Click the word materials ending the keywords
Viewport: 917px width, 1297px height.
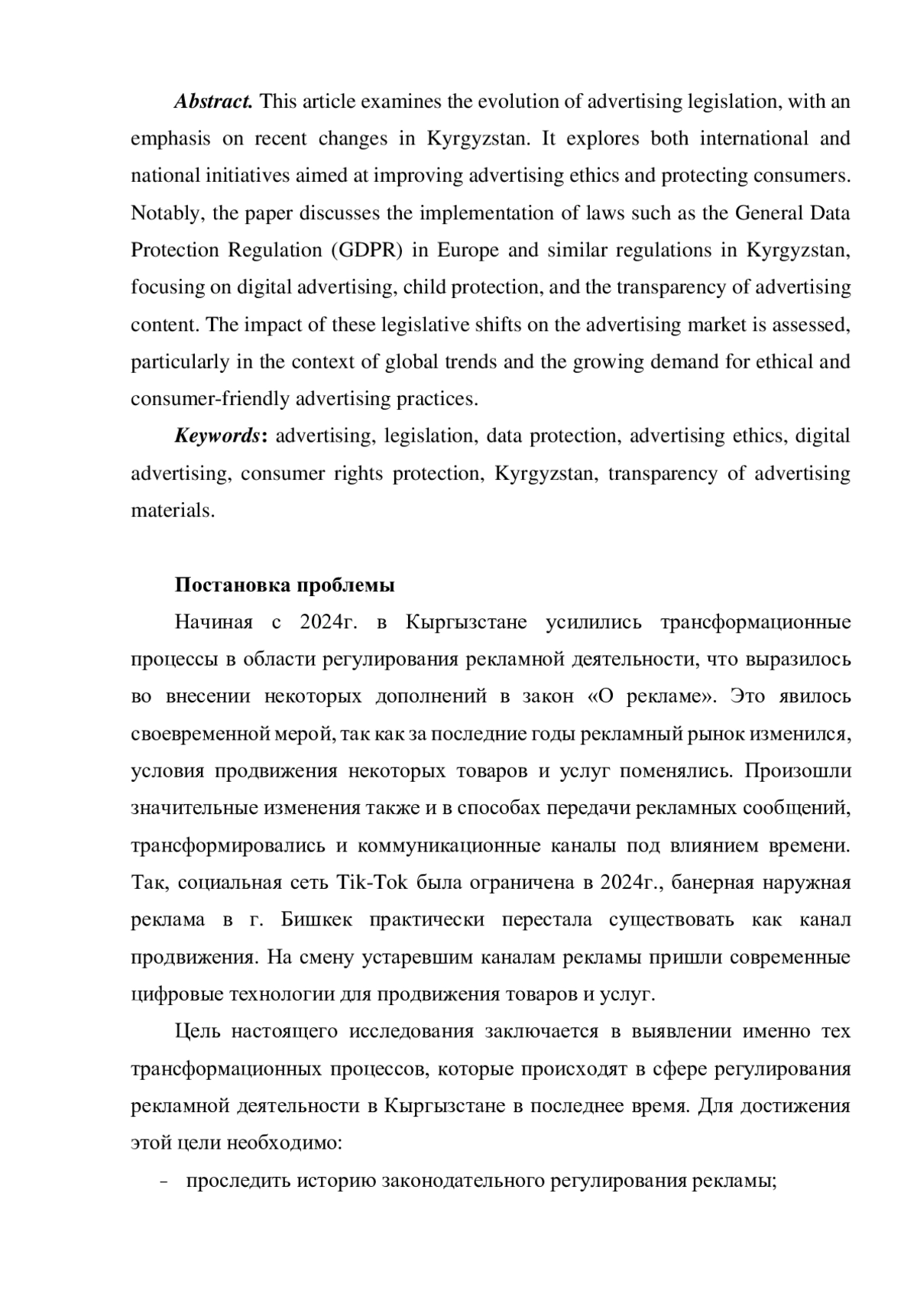[x=173, y=511]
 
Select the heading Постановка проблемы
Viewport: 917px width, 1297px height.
[x=284, y=585]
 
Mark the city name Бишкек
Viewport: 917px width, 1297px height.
[x=316, y=919]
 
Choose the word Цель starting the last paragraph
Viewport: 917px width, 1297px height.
[x=197, y=1032]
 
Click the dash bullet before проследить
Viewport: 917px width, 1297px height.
[x=165, y=1182]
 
